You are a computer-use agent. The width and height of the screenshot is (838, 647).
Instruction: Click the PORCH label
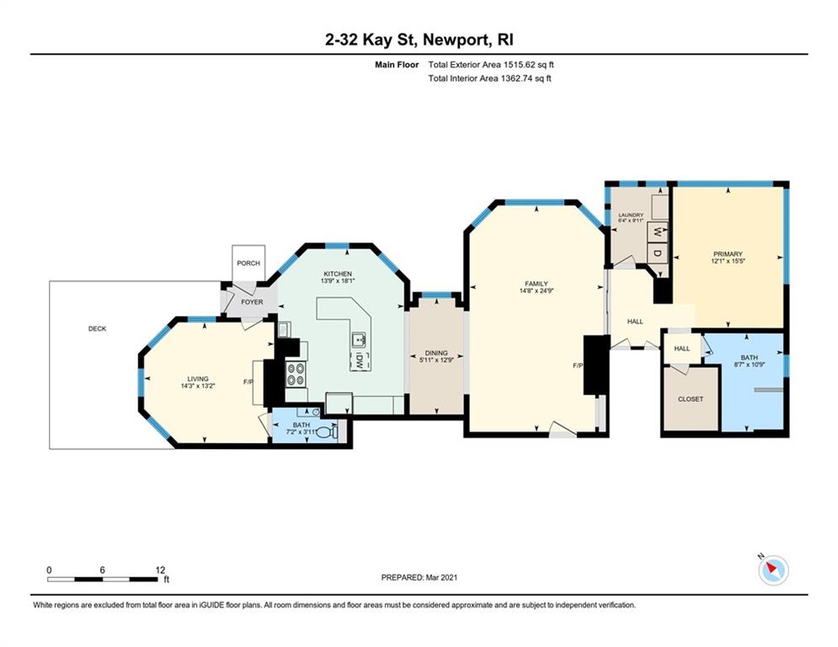coord(248,263)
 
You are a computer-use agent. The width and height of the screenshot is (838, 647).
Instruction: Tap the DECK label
coord(97,329)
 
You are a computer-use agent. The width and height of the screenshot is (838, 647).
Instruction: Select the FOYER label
coord(252,302)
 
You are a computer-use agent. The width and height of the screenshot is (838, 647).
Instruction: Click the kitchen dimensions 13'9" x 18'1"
coord(338,281)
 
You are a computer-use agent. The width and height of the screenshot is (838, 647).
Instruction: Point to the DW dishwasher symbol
coord(360,361)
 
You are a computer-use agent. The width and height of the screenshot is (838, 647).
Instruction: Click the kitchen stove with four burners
coord(296,374)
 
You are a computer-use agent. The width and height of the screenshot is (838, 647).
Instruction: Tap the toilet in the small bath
coord(327,432)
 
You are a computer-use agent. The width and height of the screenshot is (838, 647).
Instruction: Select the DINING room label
coord(436,353)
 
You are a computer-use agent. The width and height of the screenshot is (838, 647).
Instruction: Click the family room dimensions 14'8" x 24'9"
coord(536,291)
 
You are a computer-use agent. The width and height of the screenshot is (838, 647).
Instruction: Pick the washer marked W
coord(658,233)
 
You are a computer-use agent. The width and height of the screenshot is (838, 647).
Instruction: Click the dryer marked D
coord(658,253)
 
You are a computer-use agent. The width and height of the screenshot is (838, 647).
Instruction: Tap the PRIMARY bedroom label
coord(728,254)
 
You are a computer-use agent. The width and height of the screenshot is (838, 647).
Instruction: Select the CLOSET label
coord(691,398)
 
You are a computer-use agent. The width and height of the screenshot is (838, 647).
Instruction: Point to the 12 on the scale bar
coord(160,570)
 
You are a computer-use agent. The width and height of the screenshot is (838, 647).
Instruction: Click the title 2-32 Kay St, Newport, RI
coord(419,40)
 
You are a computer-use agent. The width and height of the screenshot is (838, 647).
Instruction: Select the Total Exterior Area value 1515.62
coord(520,65)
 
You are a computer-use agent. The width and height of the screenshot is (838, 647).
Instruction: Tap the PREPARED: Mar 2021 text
coord(419,577)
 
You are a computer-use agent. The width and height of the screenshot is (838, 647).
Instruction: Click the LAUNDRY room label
coord(631,215)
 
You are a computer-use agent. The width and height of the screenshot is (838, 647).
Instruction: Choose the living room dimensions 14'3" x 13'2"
coord(198,386)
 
